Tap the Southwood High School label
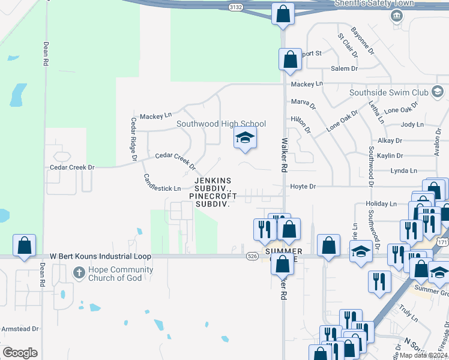[x=221, y=124]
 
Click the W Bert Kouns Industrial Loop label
[x=100, y=256]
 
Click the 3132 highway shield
[x=237, y=7]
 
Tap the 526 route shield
[x=252, y=256]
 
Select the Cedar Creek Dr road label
[x=72, y=167]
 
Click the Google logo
[x=20, y=353]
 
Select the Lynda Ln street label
[x=403, y=171]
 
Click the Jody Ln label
[x=412, y=125]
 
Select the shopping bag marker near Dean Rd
[x=24, y=246]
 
